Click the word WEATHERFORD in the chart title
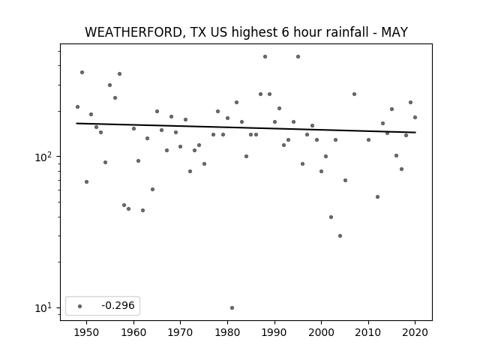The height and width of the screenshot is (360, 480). click(134, 32)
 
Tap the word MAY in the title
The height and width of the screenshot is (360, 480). click(394, 32)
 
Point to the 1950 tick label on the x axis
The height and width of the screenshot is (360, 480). click(87, 332)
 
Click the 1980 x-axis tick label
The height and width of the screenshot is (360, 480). click(227, 332)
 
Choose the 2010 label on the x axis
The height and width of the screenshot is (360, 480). click(368, 332)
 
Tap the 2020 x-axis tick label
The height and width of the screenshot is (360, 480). click(415, 332)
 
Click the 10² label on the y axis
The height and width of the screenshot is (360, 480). click(45, 157)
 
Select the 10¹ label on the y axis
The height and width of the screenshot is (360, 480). click(45, 308)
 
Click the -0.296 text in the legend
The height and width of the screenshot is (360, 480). click(118, 305)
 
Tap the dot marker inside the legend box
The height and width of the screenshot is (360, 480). click(80, 306)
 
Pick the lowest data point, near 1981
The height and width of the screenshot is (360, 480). click(232, 307)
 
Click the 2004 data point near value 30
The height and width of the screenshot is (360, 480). click(340, 235)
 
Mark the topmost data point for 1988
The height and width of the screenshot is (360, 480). click(265, 57)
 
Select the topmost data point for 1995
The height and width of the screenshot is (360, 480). click(298, 57)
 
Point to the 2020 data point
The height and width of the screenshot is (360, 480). click(415, 117)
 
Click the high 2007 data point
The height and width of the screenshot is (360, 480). click(354, 94)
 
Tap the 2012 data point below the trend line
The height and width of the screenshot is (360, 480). click(377, 196)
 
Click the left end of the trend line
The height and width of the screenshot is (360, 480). click(76, 123)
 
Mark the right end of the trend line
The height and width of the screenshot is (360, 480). click(415, 132)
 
